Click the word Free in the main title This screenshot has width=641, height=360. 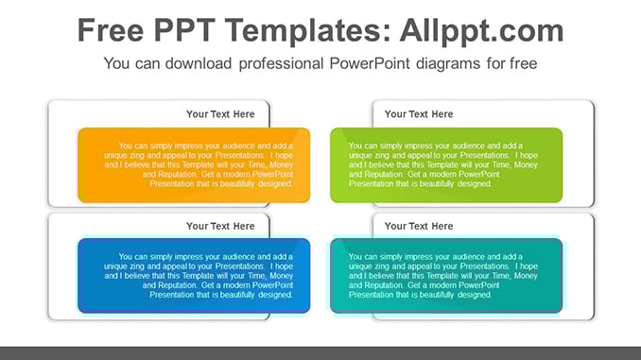[111, 30]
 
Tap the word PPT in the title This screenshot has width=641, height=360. [184, 30]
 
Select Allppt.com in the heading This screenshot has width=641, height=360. [481, 31]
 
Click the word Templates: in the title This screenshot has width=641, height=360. [308, 31]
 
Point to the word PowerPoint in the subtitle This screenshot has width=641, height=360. [370, 63]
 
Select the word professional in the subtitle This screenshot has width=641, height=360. [281, 64]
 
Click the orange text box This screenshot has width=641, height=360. [194, 165]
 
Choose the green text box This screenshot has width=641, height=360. [446, 165]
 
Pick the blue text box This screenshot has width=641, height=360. [194, 276]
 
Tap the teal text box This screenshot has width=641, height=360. [446, 276]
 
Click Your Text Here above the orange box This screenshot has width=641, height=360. [220, 114]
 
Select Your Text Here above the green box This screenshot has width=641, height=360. [419, 114]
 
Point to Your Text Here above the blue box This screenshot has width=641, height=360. [220, 226]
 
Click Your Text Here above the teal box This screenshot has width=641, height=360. [419, 226]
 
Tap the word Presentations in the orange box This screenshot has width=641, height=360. [240, 155]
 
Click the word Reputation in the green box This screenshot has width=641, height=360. [384, 174]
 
